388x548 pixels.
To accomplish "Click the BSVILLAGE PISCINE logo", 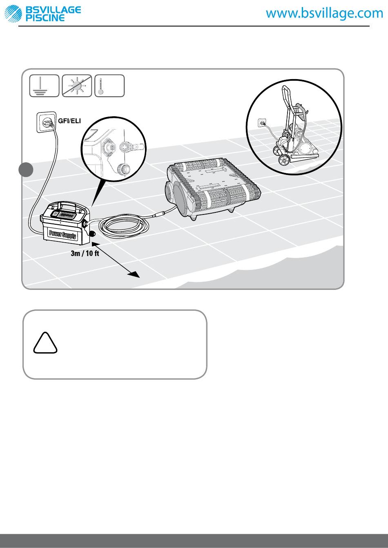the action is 43,13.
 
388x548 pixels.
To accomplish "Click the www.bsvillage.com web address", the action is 324,13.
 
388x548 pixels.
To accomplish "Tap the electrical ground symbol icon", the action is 45,86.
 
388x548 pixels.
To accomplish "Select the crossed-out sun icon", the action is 77,86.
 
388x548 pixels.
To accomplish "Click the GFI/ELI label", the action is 69,121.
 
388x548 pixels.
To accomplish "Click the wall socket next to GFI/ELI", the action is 47,122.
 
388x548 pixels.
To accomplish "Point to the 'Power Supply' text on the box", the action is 63,234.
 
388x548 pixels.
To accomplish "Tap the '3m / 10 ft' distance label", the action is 85,253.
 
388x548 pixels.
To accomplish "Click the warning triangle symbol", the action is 45,343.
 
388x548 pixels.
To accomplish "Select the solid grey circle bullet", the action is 26,170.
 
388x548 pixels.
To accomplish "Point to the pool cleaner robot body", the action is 212,188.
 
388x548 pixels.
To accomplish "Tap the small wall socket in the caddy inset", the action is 262,123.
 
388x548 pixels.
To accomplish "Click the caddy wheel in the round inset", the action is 284,160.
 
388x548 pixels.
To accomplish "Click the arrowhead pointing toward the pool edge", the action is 134,274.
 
